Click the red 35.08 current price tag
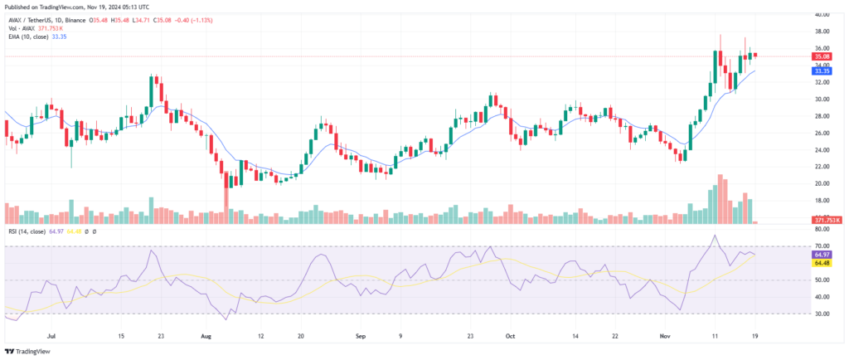pyautogui.click(x=822, y=56)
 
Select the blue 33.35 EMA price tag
pyautogui.click(x=822, y=71)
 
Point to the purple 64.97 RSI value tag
pyautogui.click(x=822, y=255)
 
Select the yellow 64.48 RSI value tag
pyautogui.click(x=822, y=263)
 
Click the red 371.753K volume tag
pyautogui.click(x=826, y=220)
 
